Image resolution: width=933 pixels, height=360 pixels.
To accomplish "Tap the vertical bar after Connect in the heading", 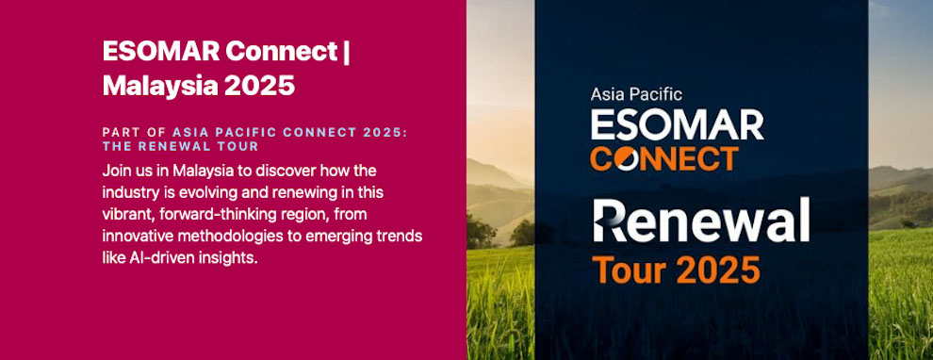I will pos(347,51).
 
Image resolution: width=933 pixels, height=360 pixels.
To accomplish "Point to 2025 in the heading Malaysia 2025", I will pos(259,85).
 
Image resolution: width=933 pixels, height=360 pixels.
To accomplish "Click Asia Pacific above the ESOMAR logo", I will pos(635,94).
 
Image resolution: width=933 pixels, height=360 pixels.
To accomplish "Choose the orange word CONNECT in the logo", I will pos(663,157).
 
